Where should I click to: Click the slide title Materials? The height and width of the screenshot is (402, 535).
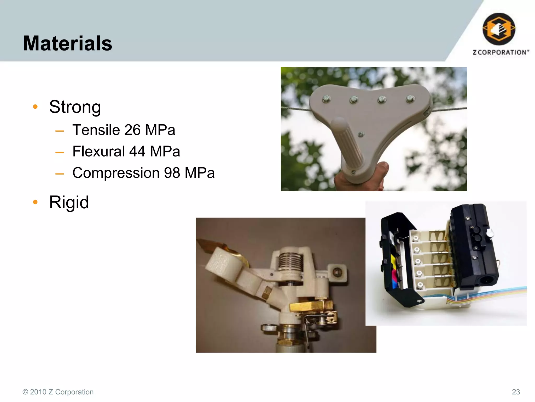(68, 43)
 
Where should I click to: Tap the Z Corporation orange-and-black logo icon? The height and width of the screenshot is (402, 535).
(499, 29)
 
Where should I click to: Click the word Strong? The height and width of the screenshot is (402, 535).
(75, 107)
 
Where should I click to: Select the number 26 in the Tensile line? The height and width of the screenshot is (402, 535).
(132, 130)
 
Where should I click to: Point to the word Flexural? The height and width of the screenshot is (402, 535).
(98, 151)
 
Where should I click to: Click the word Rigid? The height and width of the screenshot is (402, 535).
(69, 202)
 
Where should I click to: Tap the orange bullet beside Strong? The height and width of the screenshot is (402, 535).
(36, 107)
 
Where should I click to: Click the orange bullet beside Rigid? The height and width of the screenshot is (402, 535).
(36, 202)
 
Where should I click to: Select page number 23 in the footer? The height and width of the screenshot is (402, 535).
(516, 392)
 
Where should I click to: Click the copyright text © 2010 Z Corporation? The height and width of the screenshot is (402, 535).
(58, 392)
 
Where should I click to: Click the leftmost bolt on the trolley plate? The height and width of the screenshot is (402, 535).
(327, 99)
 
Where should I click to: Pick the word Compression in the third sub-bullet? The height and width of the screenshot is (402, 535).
(116, 173)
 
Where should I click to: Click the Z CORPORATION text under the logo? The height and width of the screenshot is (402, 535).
(501, 52)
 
